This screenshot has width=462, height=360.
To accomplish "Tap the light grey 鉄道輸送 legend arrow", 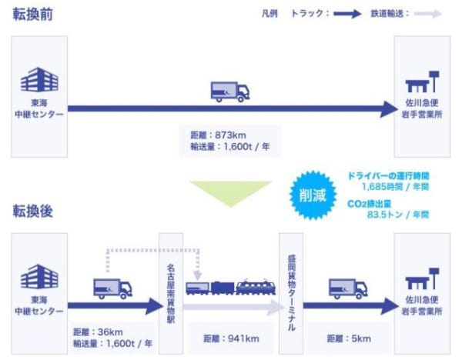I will click(431, 14).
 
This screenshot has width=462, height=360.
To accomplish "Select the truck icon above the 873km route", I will click(230, 91).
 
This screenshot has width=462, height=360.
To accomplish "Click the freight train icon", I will click(230, 287).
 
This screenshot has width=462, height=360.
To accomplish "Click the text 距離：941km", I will click(229, 338).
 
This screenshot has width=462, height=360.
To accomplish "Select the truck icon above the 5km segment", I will click(347, 288).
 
